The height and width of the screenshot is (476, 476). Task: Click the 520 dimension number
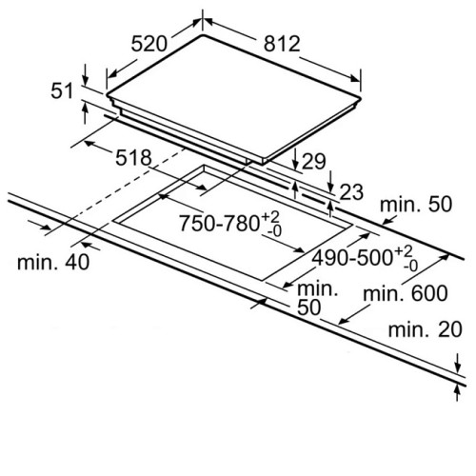[x=149, y=44]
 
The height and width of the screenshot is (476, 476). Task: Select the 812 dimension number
[x=282, y=44]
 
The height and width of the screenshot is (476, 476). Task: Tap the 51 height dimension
[x=62, y=91]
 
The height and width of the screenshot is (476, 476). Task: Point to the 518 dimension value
[x=133, y=158]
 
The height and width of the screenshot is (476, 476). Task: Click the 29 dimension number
[x=313, y=161]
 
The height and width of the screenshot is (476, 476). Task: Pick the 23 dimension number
[x=351, y=192]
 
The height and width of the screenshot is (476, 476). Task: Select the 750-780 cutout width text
[x=220, y=223]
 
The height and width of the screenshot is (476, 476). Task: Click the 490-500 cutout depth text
[x=352, y=258]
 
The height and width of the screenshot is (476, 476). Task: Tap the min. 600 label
[x=406, y=293]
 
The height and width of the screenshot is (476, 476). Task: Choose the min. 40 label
[x=53, y=263]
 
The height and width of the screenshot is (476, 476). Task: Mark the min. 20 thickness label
[x=425, y=329]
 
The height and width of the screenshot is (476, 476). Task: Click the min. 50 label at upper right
[x=416, y=205]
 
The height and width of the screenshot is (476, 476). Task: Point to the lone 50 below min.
[x=308, y=307]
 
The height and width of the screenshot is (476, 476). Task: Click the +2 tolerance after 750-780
[x=270, y=217]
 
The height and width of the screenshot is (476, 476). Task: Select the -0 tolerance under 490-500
[x=410, y=266]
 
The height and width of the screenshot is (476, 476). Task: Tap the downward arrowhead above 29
[x=295, y=165]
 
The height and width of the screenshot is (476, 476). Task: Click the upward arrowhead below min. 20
[x=457, y=391]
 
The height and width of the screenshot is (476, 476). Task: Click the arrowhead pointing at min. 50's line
[x=387, y=220]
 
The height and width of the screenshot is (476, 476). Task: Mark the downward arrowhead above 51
[x=85, y=79]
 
